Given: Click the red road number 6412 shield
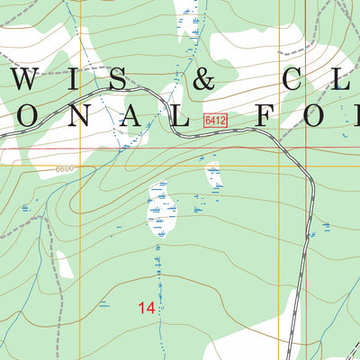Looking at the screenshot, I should tap(214, 120).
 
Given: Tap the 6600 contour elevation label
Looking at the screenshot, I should tap(62, 168).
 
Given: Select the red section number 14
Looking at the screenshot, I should tap(147, 308).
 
